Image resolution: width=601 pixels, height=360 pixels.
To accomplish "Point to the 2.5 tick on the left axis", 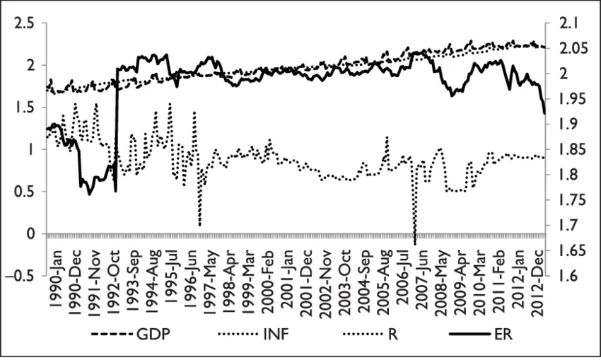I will click(25, 23).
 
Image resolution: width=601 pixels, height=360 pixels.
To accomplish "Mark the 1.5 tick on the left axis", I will click(25, 107).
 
